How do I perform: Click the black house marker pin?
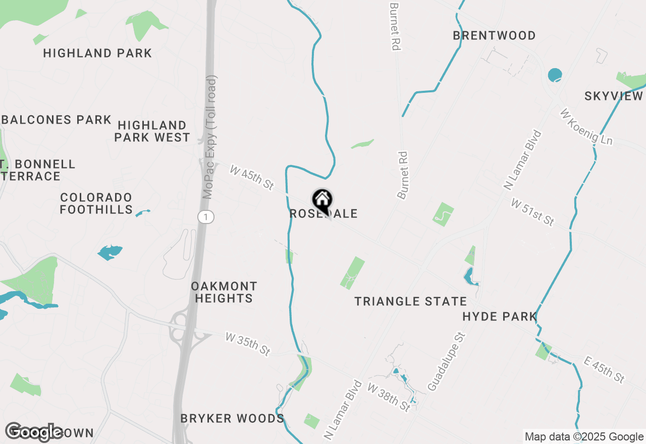point(322,200)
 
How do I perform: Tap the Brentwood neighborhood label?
point(494,36)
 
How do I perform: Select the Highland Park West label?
point(152,131)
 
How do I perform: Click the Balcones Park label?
point(57,120)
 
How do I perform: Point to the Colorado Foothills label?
point(96,203)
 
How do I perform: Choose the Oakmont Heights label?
point(224,293)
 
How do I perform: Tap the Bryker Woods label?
point(232,419)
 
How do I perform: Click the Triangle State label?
point(411,302)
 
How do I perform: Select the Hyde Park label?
point(499,317)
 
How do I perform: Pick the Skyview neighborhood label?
point(613,96)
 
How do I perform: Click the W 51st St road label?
point(532,212)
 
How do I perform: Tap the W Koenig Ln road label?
point(586,127)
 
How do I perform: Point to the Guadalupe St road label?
point(446,360)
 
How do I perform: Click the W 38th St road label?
point(389,397)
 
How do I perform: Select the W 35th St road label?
point(248,344)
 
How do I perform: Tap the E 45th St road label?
point(604,369)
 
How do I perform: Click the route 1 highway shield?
point(206,217)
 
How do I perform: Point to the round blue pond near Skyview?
point(555,75)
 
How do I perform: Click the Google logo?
point(34,432)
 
